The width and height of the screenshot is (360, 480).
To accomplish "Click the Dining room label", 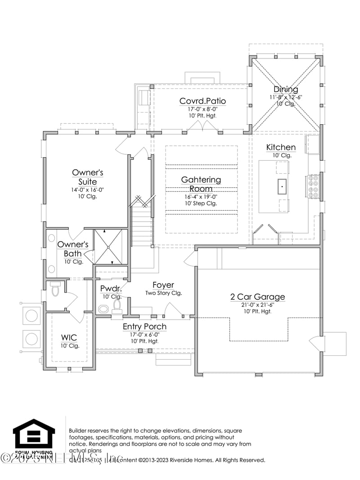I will pos(286,89).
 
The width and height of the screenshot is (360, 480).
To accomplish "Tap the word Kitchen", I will pos(281,147).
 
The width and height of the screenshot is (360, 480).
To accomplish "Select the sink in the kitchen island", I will pos(282,185).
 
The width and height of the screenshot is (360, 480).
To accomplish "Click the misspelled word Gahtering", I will pos(201,180).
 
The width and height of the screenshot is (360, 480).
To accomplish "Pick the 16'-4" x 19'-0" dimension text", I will pos(201,196).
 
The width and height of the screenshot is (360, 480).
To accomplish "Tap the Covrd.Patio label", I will pos(202,101).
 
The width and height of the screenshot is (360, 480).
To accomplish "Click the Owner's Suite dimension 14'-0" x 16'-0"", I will pos(87,190).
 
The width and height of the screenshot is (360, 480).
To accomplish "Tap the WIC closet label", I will pos(70,337).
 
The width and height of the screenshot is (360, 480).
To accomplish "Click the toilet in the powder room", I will pos(117,306).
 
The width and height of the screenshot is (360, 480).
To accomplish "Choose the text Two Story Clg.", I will pos(163,293).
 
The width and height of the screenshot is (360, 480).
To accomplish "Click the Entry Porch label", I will pos(144,326).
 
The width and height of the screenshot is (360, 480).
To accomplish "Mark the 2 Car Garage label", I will pos(257,297).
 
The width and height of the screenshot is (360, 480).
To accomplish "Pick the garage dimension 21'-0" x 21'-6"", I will pos(257,304).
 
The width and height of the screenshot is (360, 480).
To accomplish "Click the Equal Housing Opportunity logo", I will pos(34,437).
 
